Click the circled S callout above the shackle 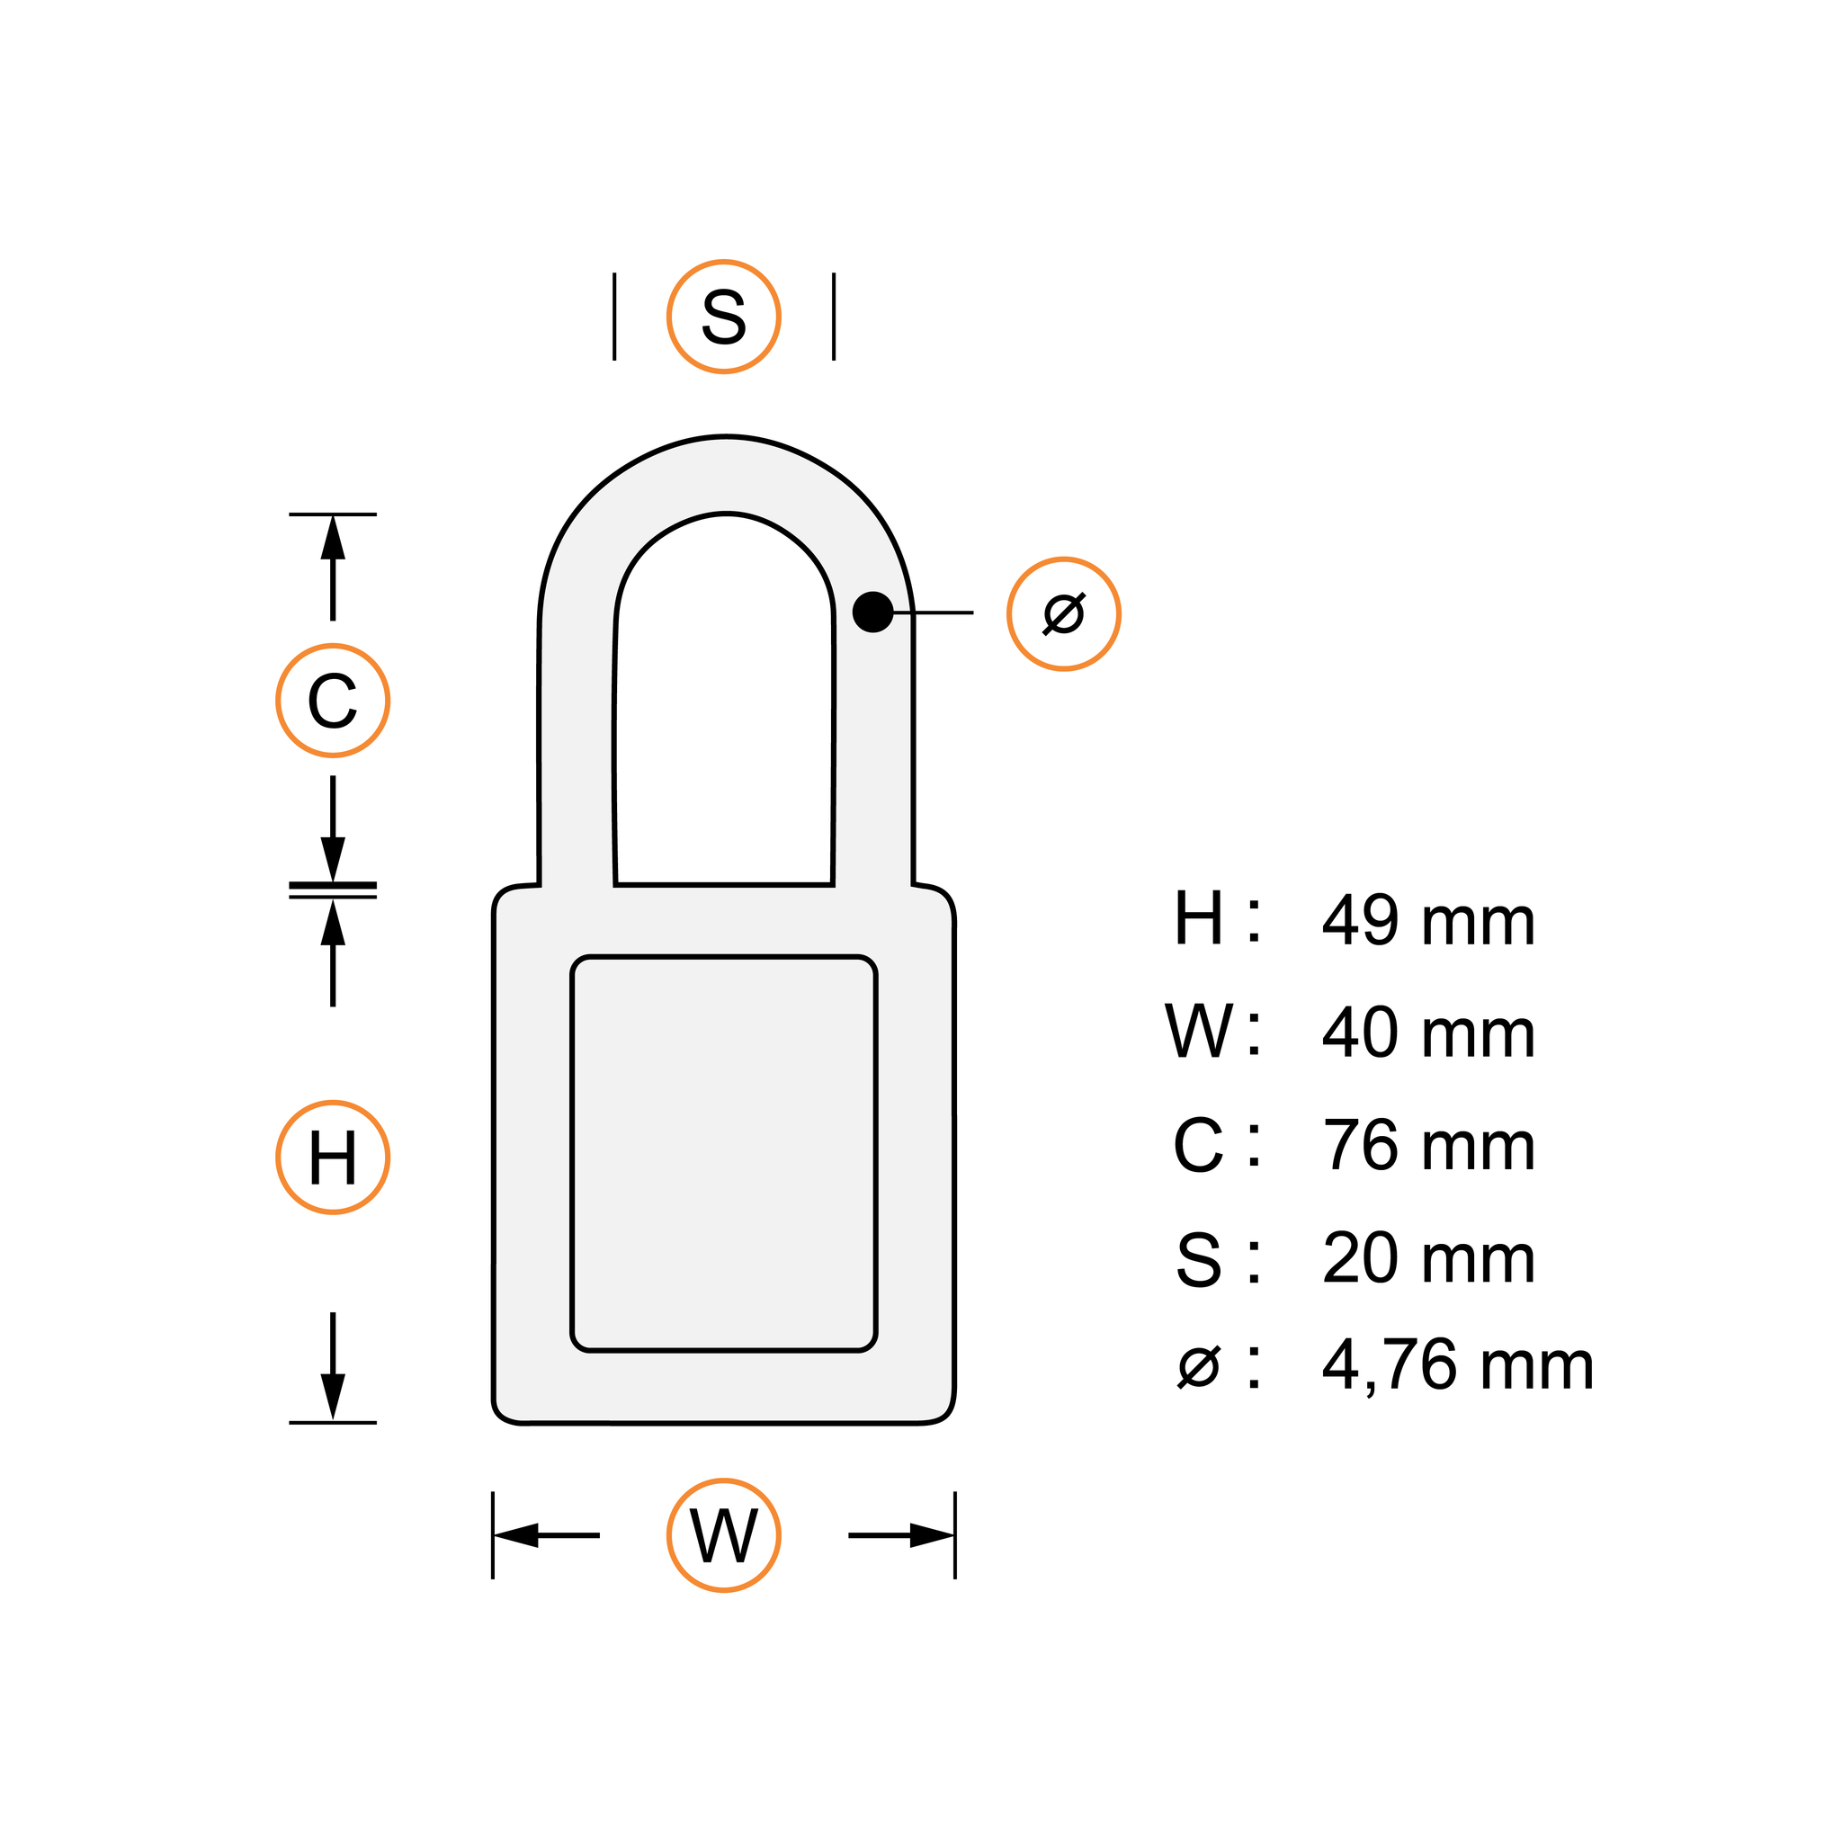724,317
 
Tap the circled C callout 333,701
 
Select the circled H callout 333,1158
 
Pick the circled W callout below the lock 724,1536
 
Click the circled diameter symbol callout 1063,614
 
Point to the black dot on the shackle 872,613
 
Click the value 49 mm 1428,922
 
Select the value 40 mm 1428,1033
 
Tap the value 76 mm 1428,1146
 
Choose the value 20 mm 1428,1258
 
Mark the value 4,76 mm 1458,1366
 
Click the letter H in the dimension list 1197,919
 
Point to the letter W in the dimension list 1198,1032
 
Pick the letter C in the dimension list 1197,1145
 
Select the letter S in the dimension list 1198,1259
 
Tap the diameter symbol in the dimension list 1198,1366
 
